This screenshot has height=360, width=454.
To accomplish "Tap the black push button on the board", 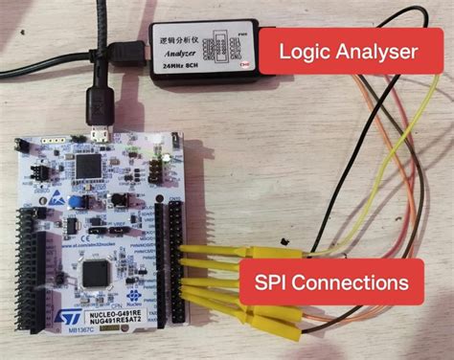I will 120,202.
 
